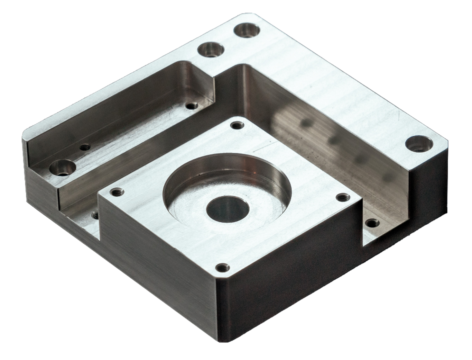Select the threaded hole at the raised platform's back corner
[236, 125]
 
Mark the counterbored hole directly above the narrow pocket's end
[210, 50]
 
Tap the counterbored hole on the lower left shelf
[63, 168]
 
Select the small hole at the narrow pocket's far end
[191, 105]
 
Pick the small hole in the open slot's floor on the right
[371, 223]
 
